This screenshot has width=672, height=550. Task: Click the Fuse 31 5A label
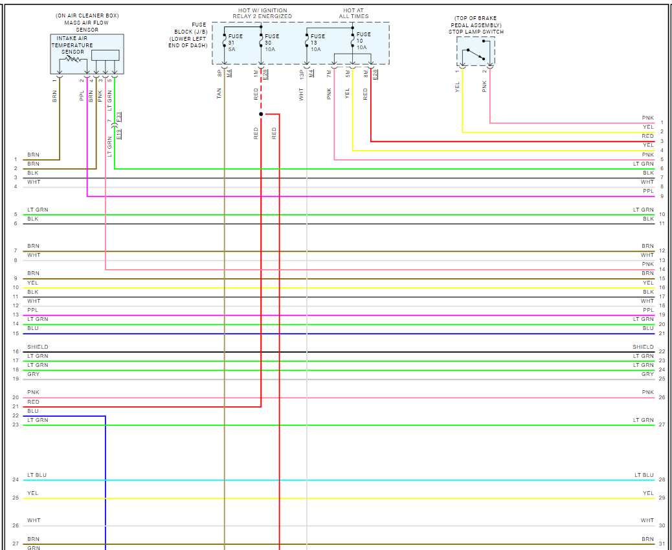click(234, 43)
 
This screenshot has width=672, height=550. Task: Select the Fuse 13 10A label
click(317, 43)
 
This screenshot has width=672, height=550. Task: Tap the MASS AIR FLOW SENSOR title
click(87, 23)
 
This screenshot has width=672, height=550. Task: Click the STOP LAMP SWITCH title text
click(476, 32)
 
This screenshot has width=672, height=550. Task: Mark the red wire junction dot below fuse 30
click(261, 114)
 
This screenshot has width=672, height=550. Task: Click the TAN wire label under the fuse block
click(219, 94)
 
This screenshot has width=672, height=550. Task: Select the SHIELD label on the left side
click(38, 347)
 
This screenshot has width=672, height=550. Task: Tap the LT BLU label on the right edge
click(644, 476)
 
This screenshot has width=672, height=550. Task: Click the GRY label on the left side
click(33, 375)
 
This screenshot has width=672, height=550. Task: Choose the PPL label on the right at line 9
click(648, 192)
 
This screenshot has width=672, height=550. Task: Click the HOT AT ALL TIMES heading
click(353, 13)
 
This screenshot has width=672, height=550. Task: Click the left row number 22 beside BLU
click(16, 415)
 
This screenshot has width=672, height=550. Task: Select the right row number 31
click(662, 544)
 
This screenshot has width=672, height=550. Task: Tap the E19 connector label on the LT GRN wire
click(119, 134)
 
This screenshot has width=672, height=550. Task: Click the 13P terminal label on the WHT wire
click(301, 75)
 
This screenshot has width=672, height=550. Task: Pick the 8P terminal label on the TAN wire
click(219, 74)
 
